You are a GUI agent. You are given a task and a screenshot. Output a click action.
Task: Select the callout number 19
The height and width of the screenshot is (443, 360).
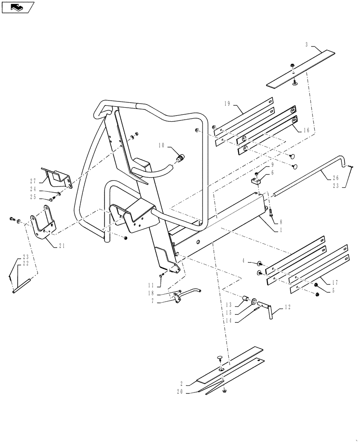[x=227, y=104]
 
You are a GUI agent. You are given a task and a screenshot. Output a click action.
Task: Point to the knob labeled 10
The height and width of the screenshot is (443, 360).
[x=181, y=158]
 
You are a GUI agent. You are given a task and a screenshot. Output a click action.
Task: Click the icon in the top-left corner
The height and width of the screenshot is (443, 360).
[x=17, y=7]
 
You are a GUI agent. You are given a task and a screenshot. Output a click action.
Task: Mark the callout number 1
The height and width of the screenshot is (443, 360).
[x=280, y=229]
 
